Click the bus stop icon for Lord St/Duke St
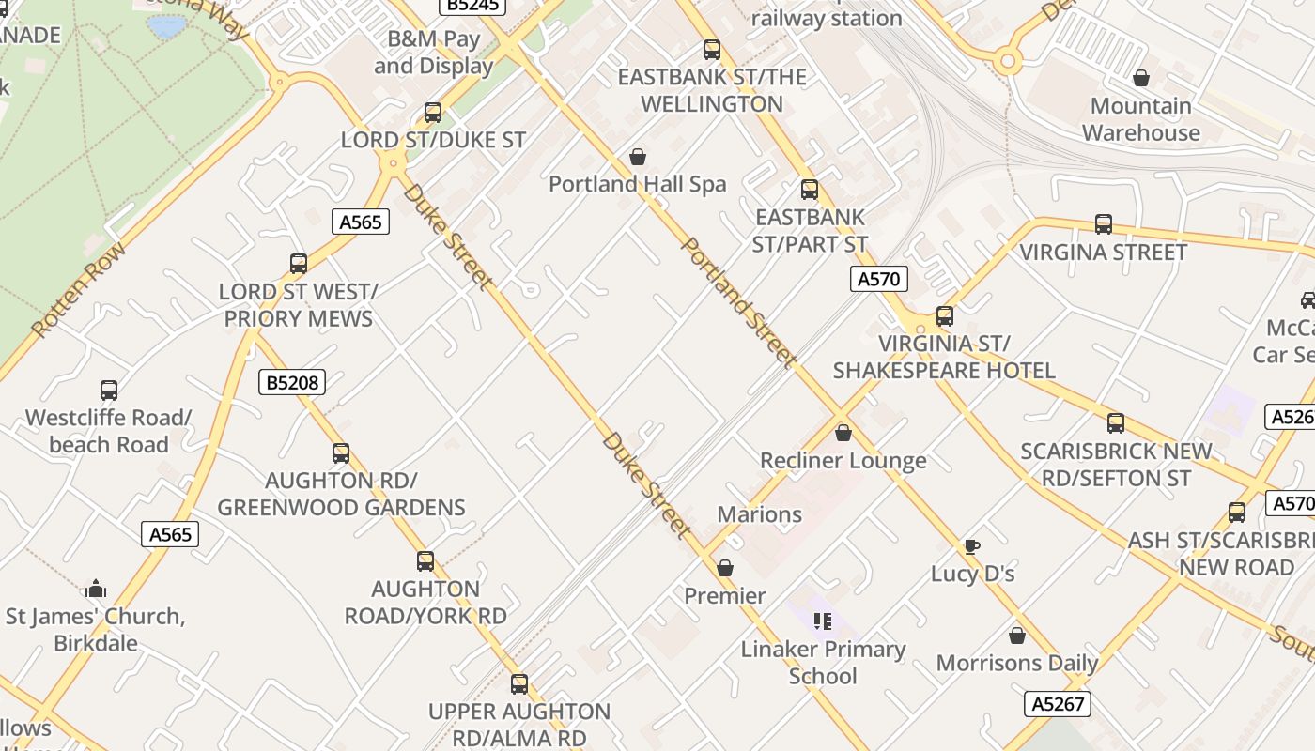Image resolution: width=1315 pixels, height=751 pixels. [433, 113]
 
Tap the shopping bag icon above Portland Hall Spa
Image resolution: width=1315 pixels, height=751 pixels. [638, 157]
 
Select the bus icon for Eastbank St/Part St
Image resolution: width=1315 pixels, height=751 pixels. [810, 190]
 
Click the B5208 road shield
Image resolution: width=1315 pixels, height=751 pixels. [291, 382]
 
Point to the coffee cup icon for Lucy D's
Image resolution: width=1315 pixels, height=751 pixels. [972, 546]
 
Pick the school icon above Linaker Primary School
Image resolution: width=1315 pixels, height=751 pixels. [823, 621]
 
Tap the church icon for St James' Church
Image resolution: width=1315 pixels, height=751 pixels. [96, 590]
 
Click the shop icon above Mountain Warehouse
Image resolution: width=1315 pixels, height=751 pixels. [1141, 78]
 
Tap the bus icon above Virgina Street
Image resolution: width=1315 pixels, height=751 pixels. [1104, 224]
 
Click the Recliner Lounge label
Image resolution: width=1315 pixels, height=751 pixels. [843, 461]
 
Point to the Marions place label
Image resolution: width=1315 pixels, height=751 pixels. [759, 514]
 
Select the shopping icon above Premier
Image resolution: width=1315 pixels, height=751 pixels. [725, 568]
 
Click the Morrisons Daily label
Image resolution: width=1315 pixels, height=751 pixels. [1017, 663]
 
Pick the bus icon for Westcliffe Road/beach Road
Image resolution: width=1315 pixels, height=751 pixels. [109, 391]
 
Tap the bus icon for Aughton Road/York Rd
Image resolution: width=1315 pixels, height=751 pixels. [425, 561]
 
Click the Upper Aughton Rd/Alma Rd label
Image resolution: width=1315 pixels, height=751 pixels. [519, 725]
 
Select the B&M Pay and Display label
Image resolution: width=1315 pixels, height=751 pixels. [434, 53]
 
